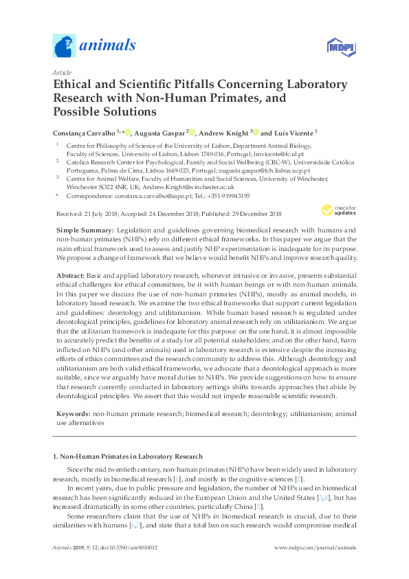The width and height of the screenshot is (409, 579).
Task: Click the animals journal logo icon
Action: tap(65, 47)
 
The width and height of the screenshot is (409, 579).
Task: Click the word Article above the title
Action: tap(62, 72)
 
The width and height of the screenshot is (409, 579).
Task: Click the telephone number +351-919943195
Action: tap(236, 195)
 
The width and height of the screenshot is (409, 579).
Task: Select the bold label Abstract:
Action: tap(71, 274)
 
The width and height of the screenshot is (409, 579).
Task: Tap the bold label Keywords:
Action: tap(72, 415)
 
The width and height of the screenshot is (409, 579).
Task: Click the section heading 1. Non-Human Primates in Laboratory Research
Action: tap(128, 456)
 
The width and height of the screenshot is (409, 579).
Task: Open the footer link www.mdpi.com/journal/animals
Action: tap(315, 547)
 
